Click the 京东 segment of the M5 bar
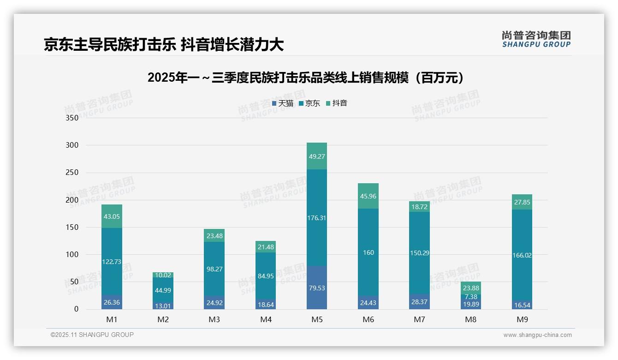(316, 217)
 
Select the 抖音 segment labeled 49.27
(316, 156)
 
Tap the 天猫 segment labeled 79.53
(316, 288)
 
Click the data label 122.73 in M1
(111, 262)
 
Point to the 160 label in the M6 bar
(368, 252)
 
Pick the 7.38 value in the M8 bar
(470, 296)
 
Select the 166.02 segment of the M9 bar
(522, 255)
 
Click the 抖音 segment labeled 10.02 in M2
(163, 275)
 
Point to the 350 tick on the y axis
(72, 118)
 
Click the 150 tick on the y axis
(72, 227)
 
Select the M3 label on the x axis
(214, 319)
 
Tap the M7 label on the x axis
(419, 319)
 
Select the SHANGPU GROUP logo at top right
(536, 39)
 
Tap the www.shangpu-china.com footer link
(537, 335)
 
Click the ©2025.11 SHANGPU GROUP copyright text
(92, 335)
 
